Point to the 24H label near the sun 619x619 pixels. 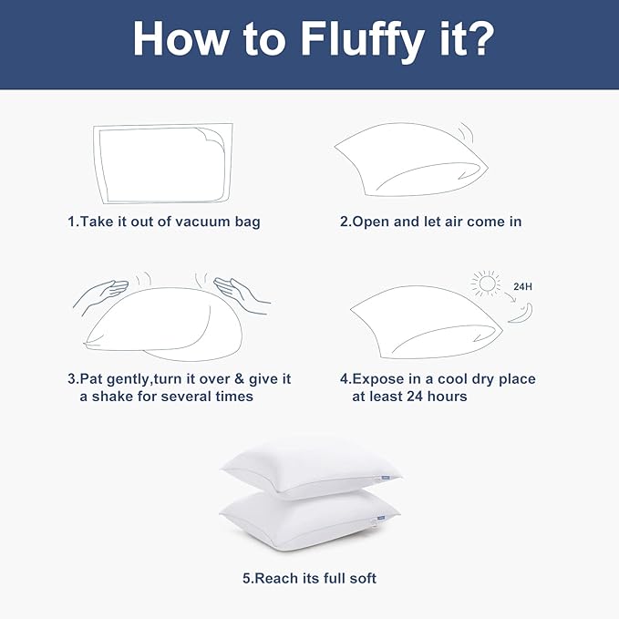click(x=522, y=286)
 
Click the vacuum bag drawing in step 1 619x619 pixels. click(x=163, y=162)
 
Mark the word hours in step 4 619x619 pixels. click(x=446, y=397)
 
